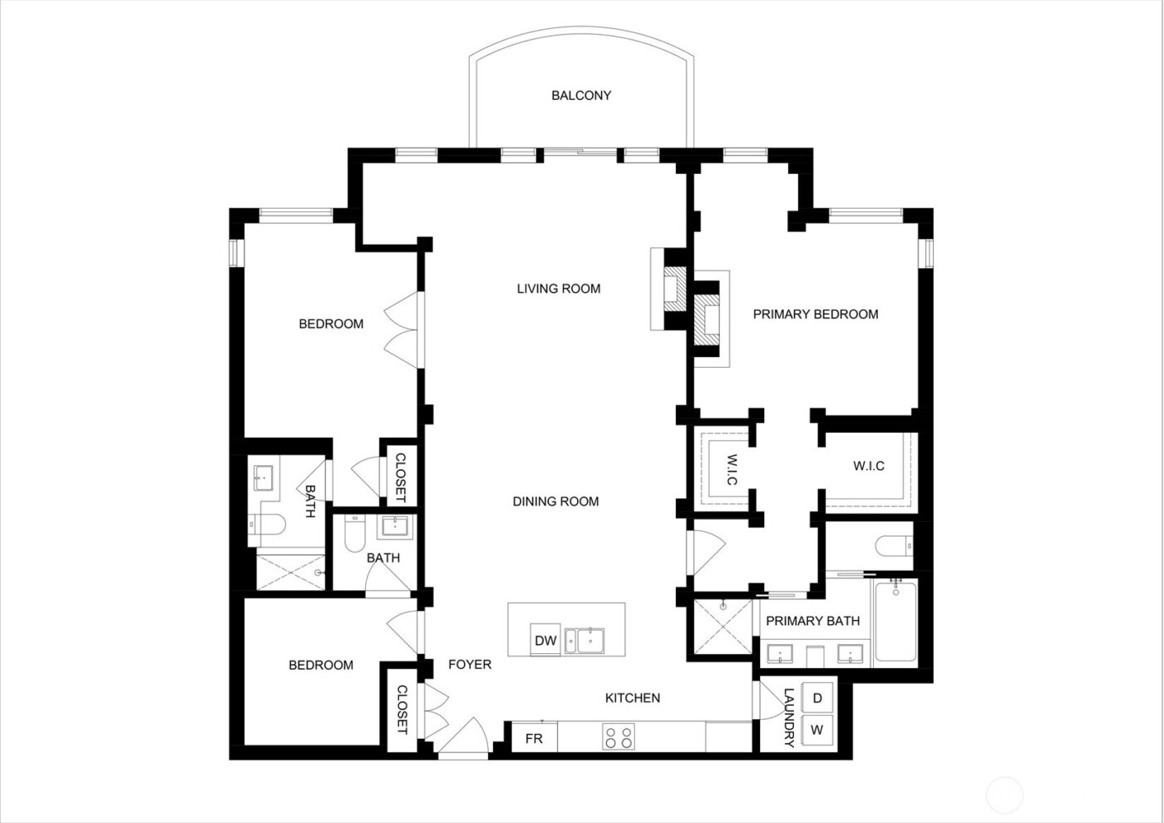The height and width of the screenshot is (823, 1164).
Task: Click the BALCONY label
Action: tap(581, 96)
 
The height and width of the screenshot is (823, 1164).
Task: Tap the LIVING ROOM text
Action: tap(559, 289)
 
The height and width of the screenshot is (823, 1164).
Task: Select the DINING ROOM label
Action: tap(555, 501)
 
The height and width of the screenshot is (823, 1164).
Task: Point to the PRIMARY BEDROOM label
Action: tap(815, 314)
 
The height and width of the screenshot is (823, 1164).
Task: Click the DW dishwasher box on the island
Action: tap(545, 640)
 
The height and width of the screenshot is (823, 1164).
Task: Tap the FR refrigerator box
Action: tap(534, 738)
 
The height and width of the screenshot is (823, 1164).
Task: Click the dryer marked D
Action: tap(817, 698)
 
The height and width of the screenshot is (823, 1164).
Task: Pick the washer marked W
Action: tap(817, 731)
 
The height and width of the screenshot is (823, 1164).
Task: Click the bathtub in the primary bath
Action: tap(895, 622)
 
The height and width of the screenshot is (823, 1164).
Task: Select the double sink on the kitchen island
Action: tap(586, 641)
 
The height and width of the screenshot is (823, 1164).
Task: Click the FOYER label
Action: tap(470, 664)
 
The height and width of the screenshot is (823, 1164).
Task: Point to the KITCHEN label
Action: tap(632, 697)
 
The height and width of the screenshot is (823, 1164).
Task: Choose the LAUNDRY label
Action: tap(789, 716)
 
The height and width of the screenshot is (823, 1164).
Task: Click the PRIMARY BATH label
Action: tap(812, 621)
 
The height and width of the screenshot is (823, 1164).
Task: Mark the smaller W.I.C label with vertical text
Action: tap(732, 470)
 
